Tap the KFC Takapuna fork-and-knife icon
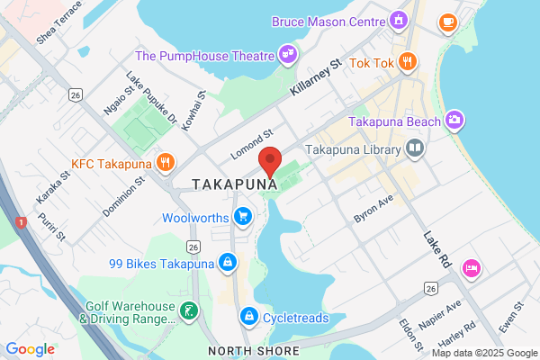[x=165, y=163]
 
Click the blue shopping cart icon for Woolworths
[x=241, y=217]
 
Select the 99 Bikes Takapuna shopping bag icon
[x=228, y=263]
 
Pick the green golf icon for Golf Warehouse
[x=189, y=311]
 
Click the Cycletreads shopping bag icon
[x=248, y=317]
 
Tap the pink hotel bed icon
[x=470, y=268]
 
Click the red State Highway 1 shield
[x=20, y=221]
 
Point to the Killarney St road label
[x=317, y=77]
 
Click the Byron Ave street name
[x=373, y=211]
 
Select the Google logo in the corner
[x=30, y=349]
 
